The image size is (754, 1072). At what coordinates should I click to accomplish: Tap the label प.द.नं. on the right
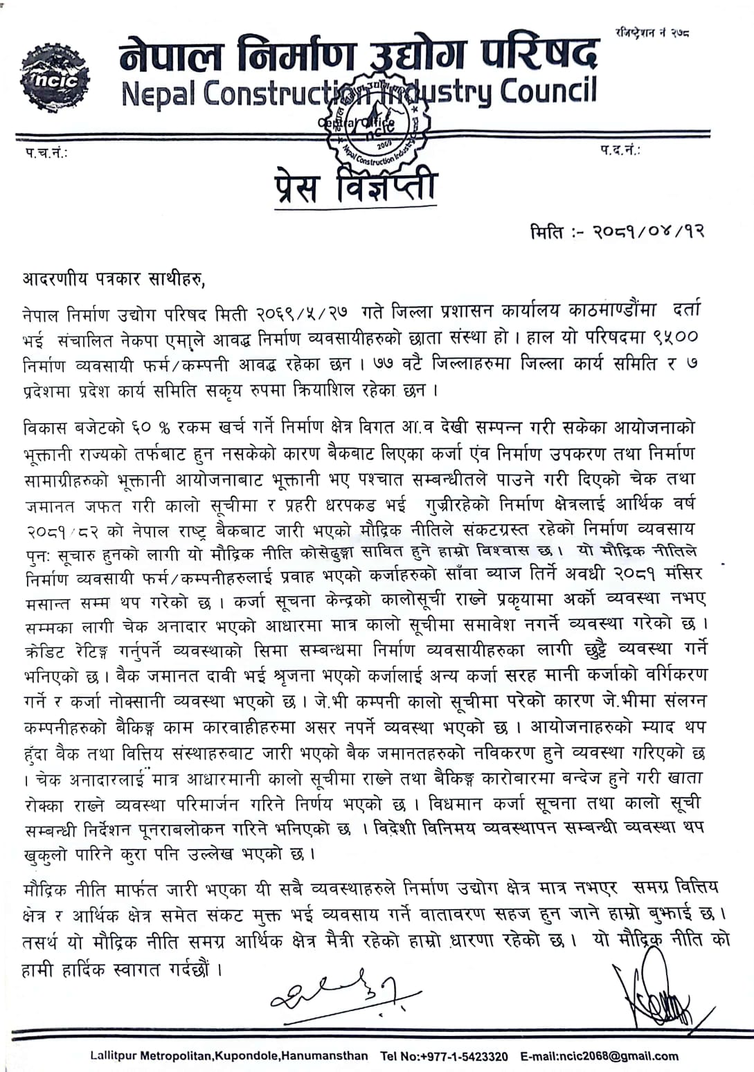click(x=620, y=150)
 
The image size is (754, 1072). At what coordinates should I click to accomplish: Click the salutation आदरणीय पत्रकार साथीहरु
click(x=114, y=279)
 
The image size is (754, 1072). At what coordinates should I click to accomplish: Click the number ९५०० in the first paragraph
click(x=675, y=337)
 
